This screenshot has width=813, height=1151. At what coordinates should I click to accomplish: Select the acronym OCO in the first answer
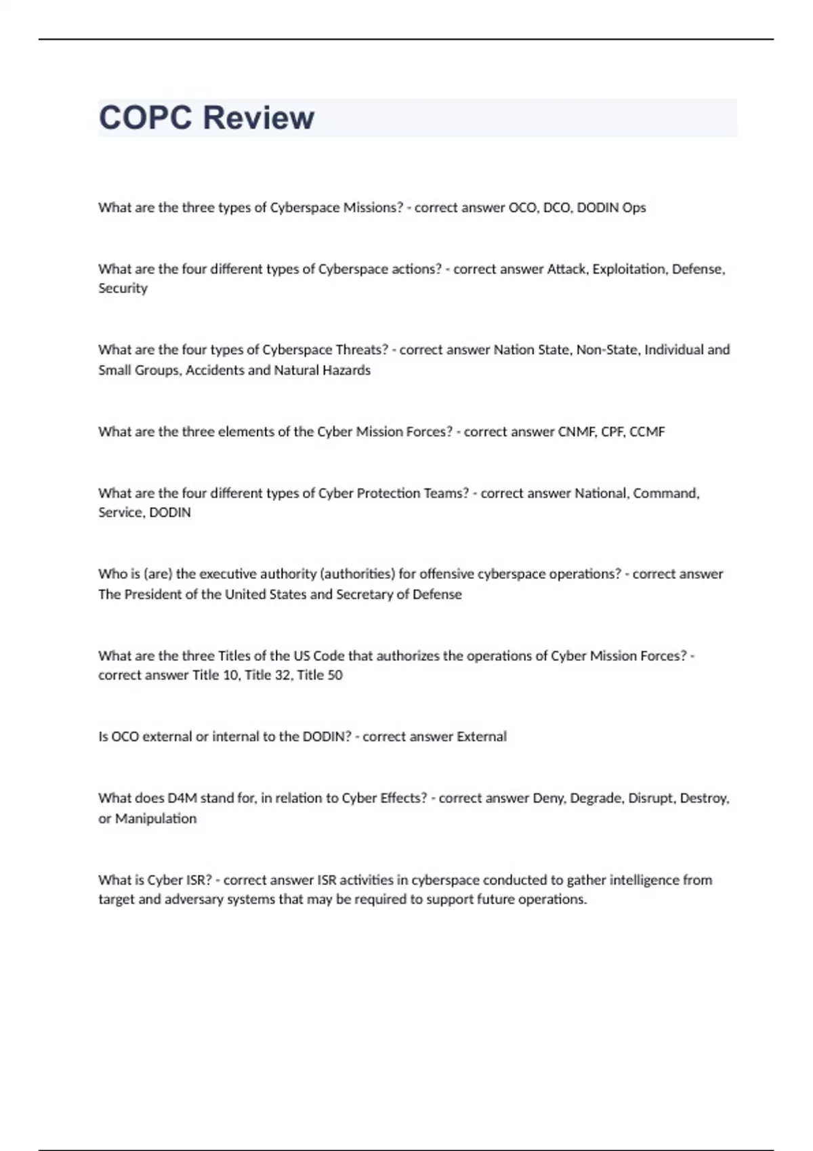coord(522,208)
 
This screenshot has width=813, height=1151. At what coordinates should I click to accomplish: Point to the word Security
coord(123,288)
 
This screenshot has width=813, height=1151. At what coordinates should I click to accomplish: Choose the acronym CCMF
coord(647,432)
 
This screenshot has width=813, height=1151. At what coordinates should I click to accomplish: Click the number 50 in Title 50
coord(335,675)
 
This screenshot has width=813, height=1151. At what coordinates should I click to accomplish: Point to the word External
coord(481,737)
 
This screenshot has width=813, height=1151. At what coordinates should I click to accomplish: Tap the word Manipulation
coord(156,819)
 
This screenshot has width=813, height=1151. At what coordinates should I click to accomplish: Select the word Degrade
coord(596,798)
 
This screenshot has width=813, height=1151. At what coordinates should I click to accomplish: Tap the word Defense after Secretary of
coord(437,594)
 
